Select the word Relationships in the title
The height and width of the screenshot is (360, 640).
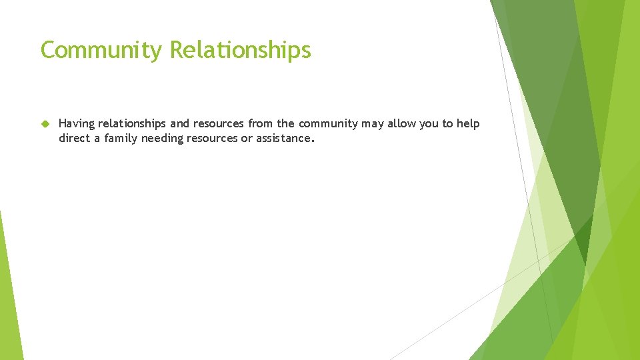click(x=240, y=50)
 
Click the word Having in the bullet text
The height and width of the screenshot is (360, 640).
click(x=77, y=124)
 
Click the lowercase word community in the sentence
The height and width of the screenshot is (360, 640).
click(x=328, y=124)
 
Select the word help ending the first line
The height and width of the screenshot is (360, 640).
click(x=468, y=124)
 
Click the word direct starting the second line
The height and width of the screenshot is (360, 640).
click(x=74, y=139)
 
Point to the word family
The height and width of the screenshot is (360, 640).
click(x=121, y=139)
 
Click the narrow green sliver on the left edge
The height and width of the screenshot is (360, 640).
click(x=9, y=293)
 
